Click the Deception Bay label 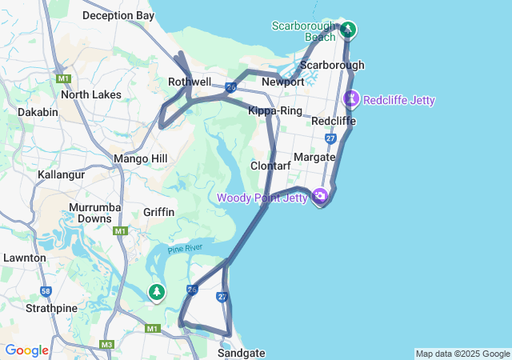click(118, 15)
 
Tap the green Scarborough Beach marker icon click(348, 30)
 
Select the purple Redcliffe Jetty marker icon click(351, 99)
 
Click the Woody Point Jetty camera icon click(320, 196)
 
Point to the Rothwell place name click(190, 82)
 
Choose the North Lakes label click(90, 94)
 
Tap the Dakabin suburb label click(38, 112)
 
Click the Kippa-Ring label click(274, 110)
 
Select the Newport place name click(282, 82)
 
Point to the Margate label click(314, 157)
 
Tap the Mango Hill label click(140, 159)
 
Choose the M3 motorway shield click(106, 345)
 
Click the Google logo click(27, 350)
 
